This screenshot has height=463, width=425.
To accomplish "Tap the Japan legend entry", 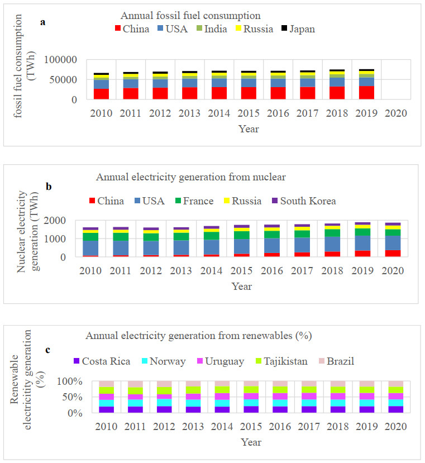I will click(x=297, y=29).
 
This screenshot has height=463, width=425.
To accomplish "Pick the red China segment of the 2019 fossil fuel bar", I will click(x=363, y=92).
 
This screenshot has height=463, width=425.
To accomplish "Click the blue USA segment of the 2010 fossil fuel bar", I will click(x=101, y=84).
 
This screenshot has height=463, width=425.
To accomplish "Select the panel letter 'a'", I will click(x=43, y=22).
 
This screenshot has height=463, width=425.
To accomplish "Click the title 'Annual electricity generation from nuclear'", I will click(x=191, y=178).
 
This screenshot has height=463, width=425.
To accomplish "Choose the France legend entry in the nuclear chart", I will click(x=190, y=201).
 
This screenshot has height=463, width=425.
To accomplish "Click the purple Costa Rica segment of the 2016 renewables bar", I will click(x=276, y=409).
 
